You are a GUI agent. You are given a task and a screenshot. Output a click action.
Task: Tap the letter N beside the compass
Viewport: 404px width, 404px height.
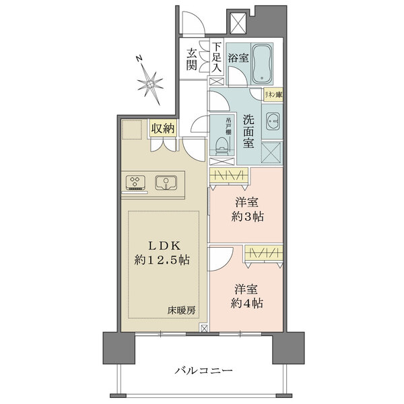pos(137,59)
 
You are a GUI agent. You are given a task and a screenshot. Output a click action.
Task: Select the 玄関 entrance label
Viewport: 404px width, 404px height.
pos(193,59)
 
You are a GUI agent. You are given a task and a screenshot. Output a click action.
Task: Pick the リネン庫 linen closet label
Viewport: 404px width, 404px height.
pos(272,96)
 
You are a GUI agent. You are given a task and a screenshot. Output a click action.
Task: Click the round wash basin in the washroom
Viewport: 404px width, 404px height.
pos(273,123)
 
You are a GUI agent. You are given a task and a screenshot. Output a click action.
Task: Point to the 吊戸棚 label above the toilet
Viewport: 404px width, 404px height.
pos(228,126)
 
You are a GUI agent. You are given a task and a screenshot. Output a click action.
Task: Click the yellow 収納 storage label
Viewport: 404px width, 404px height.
pos(163,128)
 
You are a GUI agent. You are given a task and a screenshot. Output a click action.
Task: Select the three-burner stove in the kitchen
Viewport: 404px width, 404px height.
pos(137,182)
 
